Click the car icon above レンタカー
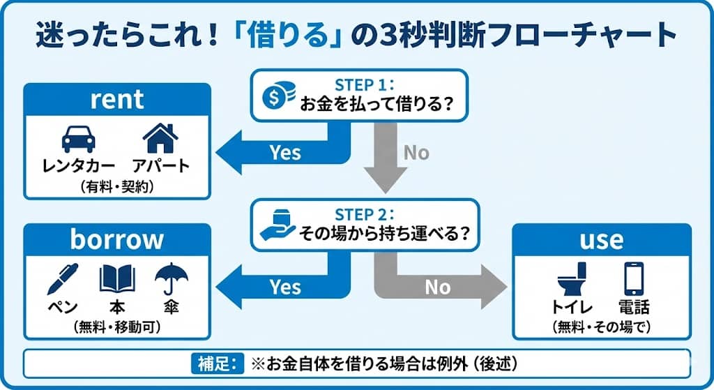tap(79, 138)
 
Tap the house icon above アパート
tap(160, 137)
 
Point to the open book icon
tap(117, 278)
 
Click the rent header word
tap(117, 99)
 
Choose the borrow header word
tap(117, 239)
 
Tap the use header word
tap(601, 239)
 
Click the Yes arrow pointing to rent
tap(279, 151)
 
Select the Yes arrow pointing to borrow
tap(279, 286)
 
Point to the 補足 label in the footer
tap(216, 363)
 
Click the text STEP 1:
tap(365, 85)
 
